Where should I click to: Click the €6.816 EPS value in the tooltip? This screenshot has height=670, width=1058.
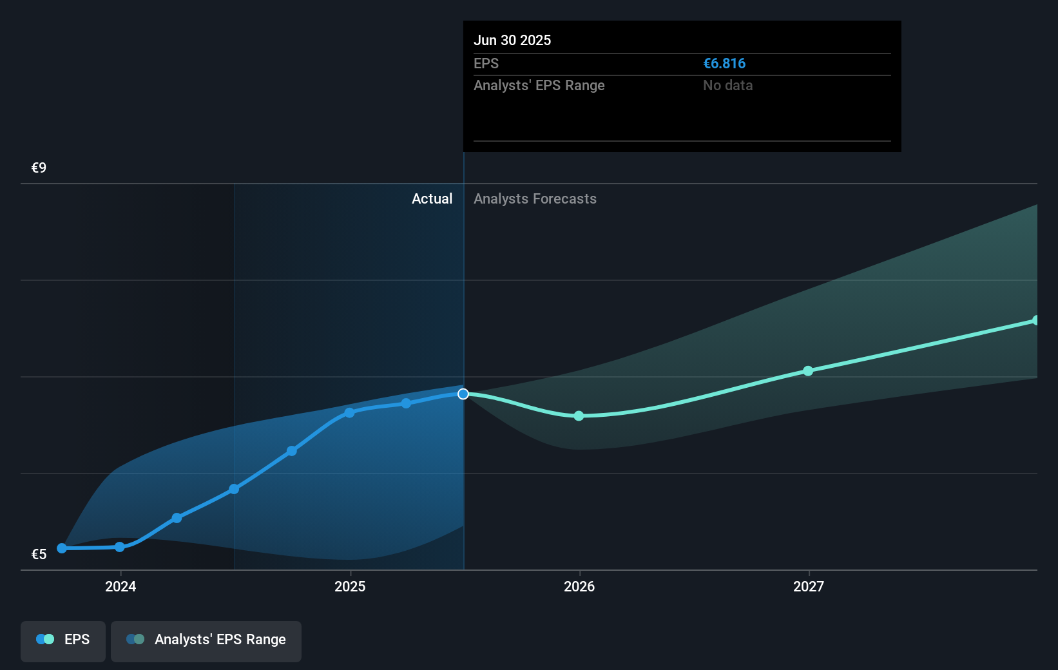[724, 64]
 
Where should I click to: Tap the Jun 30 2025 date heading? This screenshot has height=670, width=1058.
[512, 41]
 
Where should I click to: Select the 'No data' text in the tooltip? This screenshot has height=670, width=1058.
[727, 86]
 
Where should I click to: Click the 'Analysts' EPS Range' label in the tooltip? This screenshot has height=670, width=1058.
[539, 86]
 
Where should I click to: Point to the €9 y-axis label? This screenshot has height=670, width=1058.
[39, 168]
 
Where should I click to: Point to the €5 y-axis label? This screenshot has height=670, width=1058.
[39, 555]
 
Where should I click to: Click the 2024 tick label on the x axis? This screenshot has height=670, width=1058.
[120, 586]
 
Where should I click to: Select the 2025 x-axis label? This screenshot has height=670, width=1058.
[350, 586]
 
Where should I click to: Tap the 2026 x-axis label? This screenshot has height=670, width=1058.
[579, 586]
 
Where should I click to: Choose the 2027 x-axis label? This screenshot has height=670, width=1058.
[809, 586]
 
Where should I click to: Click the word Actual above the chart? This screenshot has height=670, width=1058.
[432, 199]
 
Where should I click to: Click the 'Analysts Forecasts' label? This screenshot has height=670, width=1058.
[535, 199]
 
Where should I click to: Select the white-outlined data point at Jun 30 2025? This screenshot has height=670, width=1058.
[463, 394]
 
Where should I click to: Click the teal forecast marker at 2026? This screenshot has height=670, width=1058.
[579, 416]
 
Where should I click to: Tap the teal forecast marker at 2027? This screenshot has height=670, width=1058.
[808, 371]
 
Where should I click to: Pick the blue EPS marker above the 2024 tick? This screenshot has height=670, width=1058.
[120, 547]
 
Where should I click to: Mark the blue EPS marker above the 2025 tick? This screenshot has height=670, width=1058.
[349, 413]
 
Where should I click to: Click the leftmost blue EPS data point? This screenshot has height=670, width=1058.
[62, 548]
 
